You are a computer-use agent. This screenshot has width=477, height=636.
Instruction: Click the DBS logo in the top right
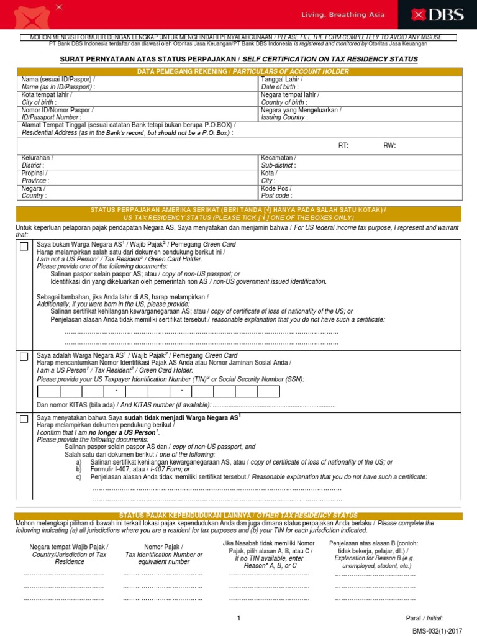pyautogui.click(x=442, y=15)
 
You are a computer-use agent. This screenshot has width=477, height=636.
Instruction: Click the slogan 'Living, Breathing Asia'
pyautogui.click(x=352, y=15)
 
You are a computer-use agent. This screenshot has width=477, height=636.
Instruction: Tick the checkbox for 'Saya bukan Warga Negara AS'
pyautogui.click(x=24, y=247)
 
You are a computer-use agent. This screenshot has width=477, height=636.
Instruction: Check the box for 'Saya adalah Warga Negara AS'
pyautogui.click(x=24, y=357)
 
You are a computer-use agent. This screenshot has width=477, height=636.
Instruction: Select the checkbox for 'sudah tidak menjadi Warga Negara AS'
pyautogui.click(x=24, y=419)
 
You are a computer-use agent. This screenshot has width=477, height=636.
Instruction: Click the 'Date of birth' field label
pyautogui.click(x=279, y=87)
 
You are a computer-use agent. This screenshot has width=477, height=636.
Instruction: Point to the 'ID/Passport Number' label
pyautogui.click(x=51, y=117)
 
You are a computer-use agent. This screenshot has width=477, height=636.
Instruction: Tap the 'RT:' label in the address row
pyautogui.click(x=343, y=145)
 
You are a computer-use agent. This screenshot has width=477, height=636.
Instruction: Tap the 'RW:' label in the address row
pyautogui.click(x=389, y=145)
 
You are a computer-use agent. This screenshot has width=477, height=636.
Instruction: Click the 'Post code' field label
pyautogui.click(x=276, y=195)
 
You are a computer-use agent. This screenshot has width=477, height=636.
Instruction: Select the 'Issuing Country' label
pyautogui.click(x=284, y=117)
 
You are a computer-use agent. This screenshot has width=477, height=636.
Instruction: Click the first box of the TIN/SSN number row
pyautogui.click(x=49, y=391)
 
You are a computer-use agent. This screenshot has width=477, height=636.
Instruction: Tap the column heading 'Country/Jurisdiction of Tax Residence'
pyautogui.click(x=69, y=554)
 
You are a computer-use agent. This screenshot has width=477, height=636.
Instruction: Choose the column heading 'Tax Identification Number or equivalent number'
pyautogui.click(x=164, y=554)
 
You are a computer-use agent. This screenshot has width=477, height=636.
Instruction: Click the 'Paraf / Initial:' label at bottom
pyautogui.click(x=424, y=618)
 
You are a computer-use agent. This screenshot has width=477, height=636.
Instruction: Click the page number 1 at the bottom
pyautogui.click(x=238, y=618)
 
